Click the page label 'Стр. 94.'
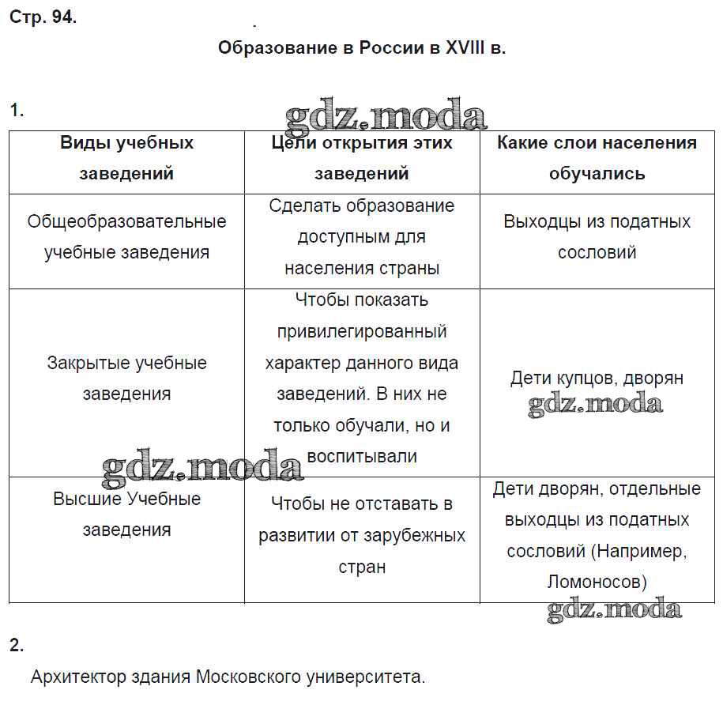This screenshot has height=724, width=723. click(43, 18)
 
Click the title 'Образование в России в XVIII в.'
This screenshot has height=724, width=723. click(361, 47)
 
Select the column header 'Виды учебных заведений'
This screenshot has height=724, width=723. click(126, 158)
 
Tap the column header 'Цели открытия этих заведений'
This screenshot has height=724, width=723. click(362, 158)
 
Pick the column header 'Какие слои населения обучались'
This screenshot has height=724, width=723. click(597, 158)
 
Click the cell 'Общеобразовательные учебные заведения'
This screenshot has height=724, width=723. click(126, 236)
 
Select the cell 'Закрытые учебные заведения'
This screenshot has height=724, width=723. click(126, 378)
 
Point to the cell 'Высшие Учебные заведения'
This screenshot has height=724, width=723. click(126, 514)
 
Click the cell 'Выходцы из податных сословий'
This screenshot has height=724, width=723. click(597, 236)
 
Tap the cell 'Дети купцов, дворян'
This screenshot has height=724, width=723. click(597, 378)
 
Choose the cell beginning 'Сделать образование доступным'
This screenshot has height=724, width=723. click(362, 236)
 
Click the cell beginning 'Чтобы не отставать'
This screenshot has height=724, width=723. click(362, 535)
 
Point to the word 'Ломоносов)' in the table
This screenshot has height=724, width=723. click(597, 583)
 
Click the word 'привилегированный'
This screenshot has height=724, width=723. click(362, 331)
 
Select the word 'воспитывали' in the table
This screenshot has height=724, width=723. click(362, 456)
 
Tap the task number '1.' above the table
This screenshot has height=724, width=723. click(17, 111)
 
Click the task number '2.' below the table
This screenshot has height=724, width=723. click(17, 645)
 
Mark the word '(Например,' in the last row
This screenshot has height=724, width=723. click(638, 551)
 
